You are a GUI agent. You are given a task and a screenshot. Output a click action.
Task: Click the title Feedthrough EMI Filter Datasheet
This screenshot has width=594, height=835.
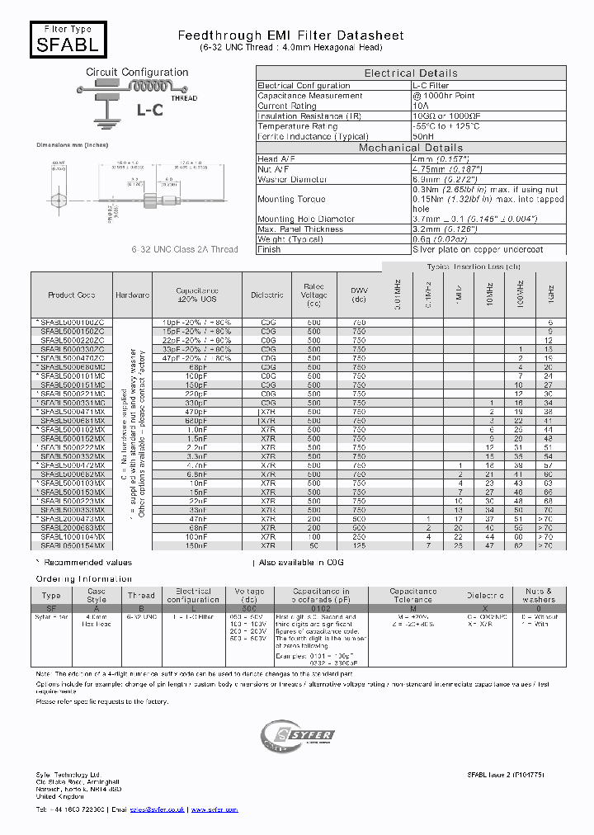click(291, 35)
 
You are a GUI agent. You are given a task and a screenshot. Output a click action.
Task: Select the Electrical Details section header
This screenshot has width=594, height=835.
click(411, 73)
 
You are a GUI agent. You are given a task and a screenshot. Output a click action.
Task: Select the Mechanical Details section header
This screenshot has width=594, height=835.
click(411, 148)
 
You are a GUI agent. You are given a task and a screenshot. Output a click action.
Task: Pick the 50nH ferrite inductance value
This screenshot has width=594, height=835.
click(422, 136)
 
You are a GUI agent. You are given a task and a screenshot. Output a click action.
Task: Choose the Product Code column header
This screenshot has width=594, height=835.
click(72, 295)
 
